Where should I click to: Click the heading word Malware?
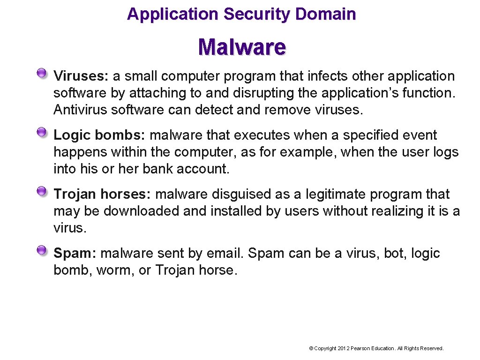tap(242, 47)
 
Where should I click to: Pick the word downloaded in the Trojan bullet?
tap(142, 211)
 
